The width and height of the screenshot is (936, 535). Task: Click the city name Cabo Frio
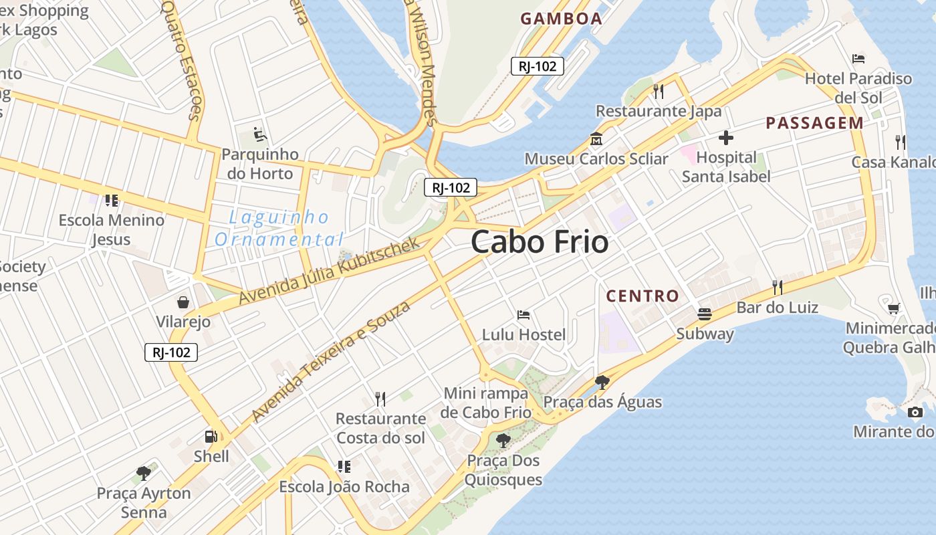click(x=540, y=241)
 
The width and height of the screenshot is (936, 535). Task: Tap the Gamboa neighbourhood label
click(x=561, y=19)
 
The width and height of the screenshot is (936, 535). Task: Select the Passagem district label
click(x=814, y=123)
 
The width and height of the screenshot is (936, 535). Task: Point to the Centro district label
click(x=642, y=296)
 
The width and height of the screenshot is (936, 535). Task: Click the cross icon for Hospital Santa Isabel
click(x=725, y=138)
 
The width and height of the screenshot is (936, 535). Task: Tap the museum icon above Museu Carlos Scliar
click(x=596, y=140)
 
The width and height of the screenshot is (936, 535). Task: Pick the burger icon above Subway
click(x=704, y=314)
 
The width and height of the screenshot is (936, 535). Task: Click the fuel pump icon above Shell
click(x=211, y=437)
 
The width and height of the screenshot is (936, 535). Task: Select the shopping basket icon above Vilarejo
click(x=183, y=302)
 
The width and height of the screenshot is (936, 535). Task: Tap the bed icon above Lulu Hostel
click(x=523, y=314)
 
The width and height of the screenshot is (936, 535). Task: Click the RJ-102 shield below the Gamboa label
click(x=538, y=66)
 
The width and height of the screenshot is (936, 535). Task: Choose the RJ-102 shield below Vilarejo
click(x=171, y=352)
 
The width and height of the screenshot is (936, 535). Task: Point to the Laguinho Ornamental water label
click(x=279, y=228)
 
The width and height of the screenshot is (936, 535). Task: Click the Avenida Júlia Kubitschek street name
click(x=329, y=270)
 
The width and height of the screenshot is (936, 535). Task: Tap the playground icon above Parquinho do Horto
click(x=260, y=135)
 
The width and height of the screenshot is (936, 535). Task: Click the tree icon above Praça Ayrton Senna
click(x=143, y=473)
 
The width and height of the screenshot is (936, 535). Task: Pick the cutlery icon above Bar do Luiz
click(x=777, y=288)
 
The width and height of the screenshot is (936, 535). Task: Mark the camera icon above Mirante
click(x=915, y=412)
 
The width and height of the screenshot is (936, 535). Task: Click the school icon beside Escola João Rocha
click(x=344, y=466)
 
